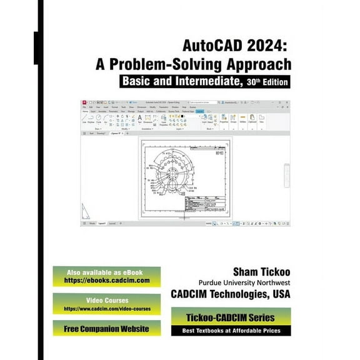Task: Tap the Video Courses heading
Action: click(106, 299)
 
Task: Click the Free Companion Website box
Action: click(106, 328)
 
